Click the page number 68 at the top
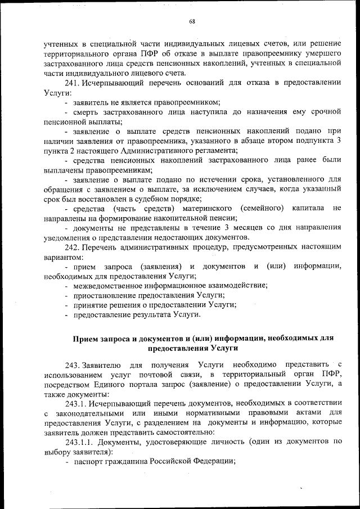[x=192, y=21]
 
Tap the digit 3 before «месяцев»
[x=226, y=227]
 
